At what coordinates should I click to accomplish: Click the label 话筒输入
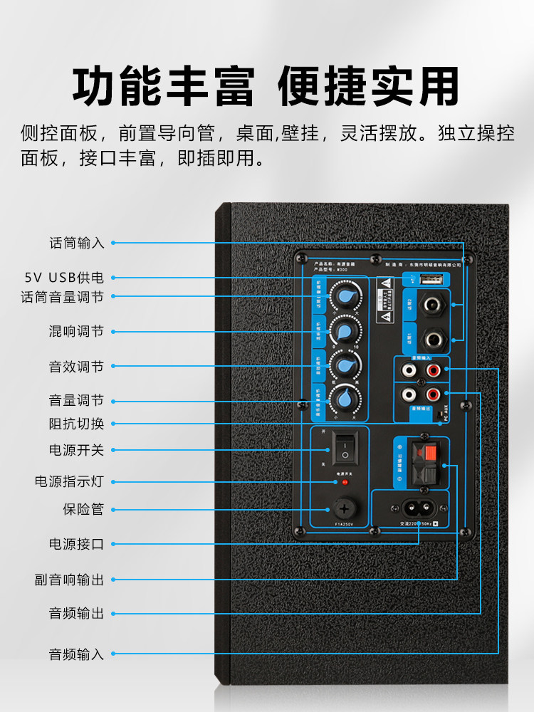[x=76, y=243]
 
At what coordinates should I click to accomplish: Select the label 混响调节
[x=76, y=331]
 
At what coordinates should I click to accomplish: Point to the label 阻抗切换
[x=76, y=424]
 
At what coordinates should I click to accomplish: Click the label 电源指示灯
[x=69, y=481]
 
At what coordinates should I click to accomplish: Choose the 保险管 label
[x=83, y=509]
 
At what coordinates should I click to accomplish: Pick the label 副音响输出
[x=69, y=580]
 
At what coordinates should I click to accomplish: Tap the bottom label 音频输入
[x=76, y=654]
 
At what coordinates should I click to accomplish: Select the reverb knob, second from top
[x=347, y=331]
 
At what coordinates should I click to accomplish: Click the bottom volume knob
[x=347, y=397]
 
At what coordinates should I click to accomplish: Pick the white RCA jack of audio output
[x=409, y=393]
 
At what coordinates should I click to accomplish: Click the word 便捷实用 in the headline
[x=368, y=88]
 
